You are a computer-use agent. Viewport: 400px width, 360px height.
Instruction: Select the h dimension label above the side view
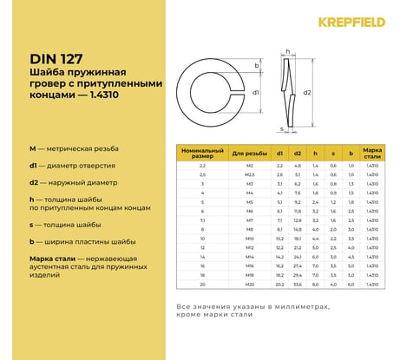[286, 53]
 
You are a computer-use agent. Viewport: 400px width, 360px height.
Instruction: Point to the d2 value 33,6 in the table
[298, 285]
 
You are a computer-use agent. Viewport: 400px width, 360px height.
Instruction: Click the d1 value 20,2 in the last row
[279, 285]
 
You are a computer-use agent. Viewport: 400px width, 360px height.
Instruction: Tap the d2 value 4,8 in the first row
[298, 165]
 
